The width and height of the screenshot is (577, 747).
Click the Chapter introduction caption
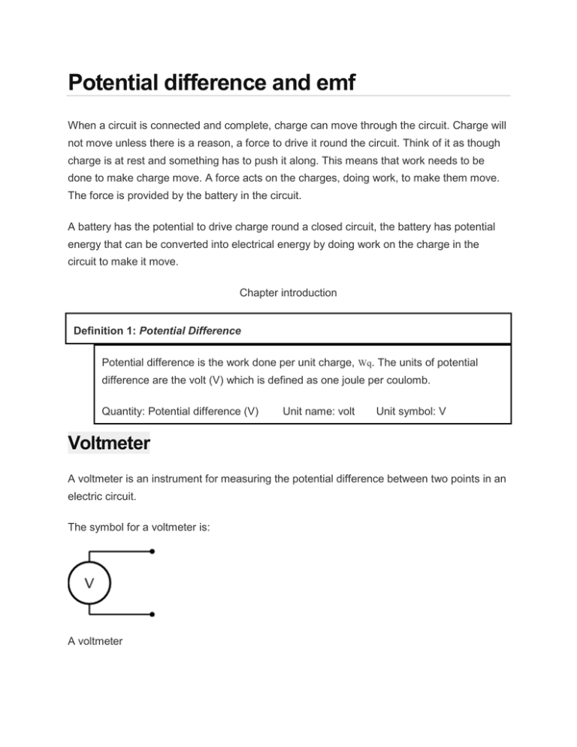pyautogui.click(x=288, y=292)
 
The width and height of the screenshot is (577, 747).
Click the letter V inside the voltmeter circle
pyautogui.click(x=89, y=582)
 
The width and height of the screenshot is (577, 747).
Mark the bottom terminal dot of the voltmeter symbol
pyautogui.click(x=153, y=614)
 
